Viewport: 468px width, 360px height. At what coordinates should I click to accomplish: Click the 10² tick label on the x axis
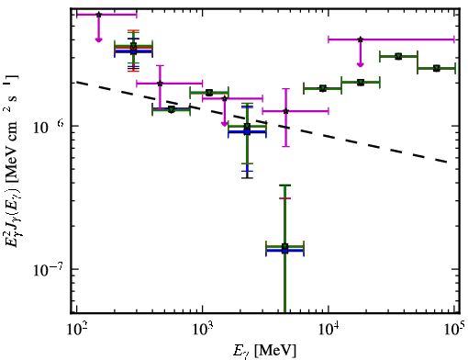76,330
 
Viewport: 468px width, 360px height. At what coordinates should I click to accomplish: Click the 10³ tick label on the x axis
202,330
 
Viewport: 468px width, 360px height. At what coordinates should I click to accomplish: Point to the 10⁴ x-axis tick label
329,330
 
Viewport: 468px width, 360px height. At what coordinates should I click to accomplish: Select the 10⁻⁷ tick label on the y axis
48,269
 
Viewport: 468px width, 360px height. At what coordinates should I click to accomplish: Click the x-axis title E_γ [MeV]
264,351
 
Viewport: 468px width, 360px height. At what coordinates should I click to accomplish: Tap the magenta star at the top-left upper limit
98,15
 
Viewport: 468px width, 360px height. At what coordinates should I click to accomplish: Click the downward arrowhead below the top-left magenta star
98,39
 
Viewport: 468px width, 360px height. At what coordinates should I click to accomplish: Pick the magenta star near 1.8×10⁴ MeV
361,39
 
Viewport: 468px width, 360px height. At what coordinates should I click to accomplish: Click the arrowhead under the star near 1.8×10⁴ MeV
361,64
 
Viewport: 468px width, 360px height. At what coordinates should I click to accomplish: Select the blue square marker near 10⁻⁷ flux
284,250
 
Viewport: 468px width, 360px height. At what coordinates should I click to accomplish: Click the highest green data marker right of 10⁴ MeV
398,56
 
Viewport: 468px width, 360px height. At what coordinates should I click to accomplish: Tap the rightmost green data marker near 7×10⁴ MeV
437,68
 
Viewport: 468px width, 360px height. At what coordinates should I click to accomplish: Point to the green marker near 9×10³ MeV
322,88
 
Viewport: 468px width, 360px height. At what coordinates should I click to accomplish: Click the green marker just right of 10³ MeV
209,93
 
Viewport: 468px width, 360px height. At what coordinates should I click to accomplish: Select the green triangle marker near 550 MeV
172,109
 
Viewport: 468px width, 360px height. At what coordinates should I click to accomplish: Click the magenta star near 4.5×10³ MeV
286,111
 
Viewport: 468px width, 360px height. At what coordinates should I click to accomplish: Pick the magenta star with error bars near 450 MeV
160,84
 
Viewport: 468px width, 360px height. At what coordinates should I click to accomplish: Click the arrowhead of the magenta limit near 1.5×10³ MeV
225,124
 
